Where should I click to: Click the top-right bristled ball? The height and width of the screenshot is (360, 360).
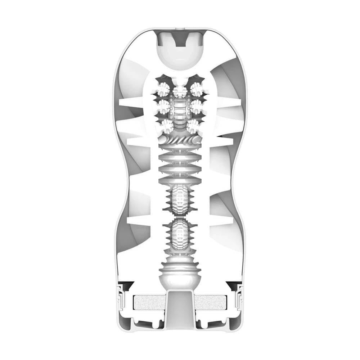[x=196, y=89]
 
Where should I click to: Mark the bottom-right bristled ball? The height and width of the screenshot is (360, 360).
[x=193, y=126]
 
